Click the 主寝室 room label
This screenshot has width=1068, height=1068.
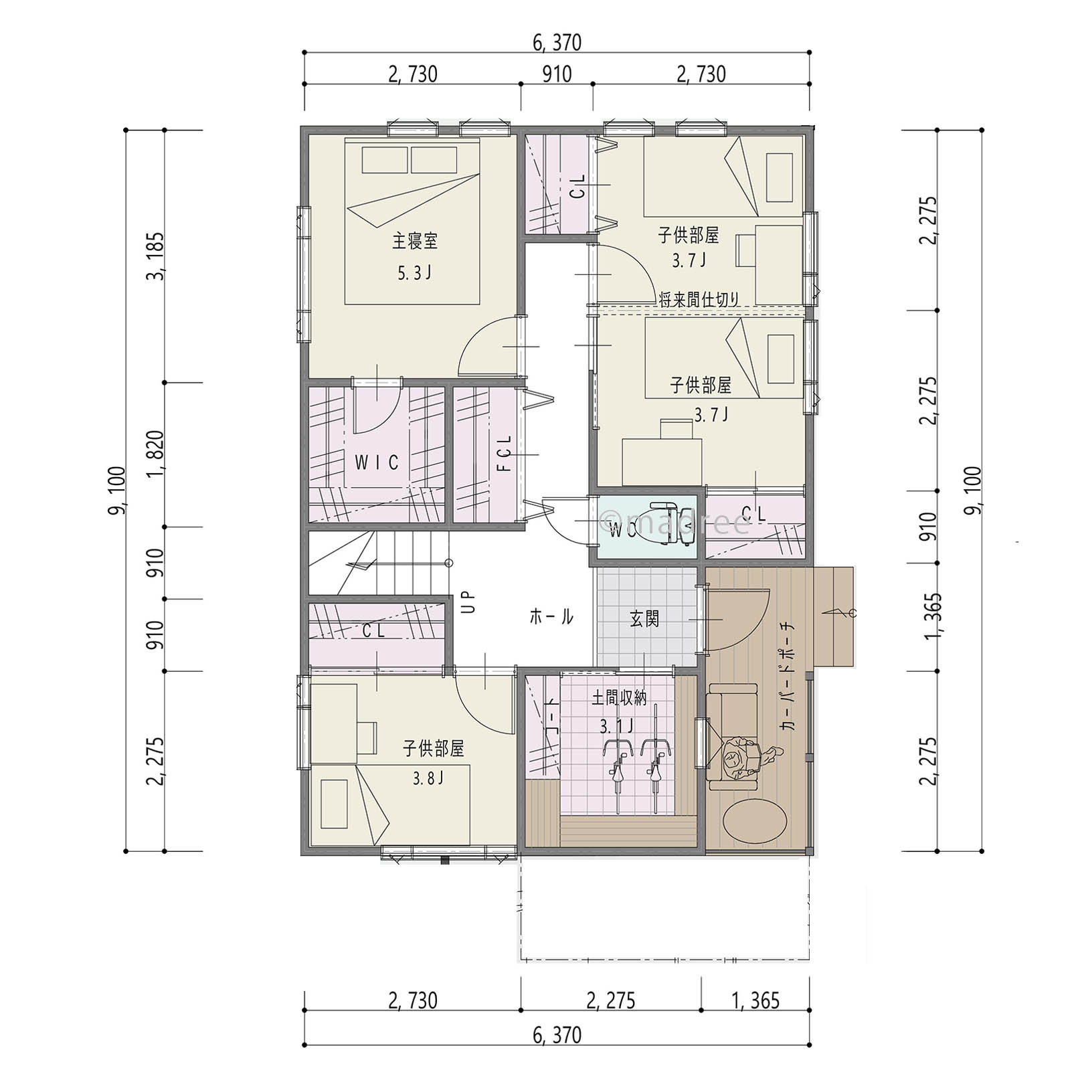click(x=415, y=241)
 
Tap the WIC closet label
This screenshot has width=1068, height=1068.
click(x=377, y=462)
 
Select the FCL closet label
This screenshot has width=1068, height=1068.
click(x=505, y=453)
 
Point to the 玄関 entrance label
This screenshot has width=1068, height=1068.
click(x=644, y=618)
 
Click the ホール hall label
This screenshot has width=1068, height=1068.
click(x=551, y=616)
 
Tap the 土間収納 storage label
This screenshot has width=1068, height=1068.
click(x=619, y=699)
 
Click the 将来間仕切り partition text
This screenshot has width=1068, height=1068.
click(x=699, y=299)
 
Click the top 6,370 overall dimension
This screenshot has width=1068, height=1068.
click(x=557, y=43)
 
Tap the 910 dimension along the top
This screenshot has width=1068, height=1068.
click(x=557, y=74)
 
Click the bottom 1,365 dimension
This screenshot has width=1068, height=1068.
click(x=756, y=1001)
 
